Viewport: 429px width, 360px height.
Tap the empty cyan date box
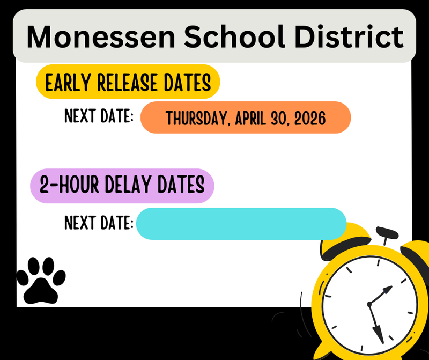coord(241,223)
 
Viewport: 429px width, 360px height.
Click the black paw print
coord(41,280)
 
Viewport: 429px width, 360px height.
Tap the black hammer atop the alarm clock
coord(386,234)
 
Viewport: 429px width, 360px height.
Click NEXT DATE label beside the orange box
coord(99,116)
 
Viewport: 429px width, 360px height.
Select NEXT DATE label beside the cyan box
coord(99,222)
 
